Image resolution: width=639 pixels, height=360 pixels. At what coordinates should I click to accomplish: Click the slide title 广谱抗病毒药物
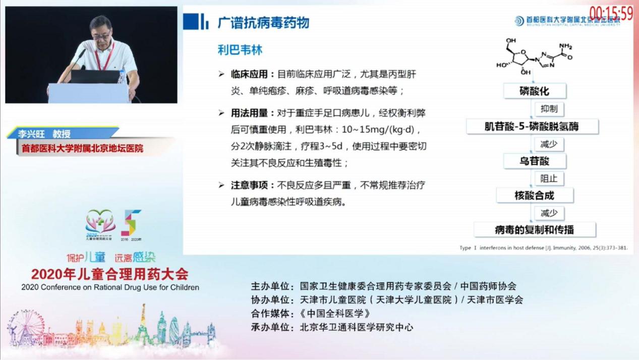click(263, 23)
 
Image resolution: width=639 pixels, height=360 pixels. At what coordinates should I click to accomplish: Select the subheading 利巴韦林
click(240, 50)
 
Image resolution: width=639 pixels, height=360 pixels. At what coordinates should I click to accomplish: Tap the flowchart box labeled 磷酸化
click(534, 91)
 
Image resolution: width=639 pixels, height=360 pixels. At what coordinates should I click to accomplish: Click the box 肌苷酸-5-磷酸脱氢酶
click(532, 126)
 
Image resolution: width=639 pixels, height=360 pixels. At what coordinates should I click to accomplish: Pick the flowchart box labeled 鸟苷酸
click(534, 161)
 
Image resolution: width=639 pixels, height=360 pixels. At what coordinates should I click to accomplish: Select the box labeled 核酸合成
click(534, 195)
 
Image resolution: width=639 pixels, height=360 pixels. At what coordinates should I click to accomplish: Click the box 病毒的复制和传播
click(534, 229)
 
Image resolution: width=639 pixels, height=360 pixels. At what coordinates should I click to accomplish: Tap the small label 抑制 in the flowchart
click(549, 109)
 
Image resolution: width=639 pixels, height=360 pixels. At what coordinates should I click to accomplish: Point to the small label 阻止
click(549, 178)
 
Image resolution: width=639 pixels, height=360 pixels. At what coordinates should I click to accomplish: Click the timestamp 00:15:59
click(611, 13)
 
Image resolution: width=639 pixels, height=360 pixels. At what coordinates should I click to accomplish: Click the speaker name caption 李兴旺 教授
click(44, 134)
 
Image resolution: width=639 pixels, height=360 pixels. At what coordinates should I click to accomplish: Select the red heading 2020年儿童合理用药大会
click(109, 274)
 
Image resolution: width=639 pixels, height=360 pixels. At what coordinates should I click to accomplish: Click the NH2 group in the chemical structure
click(565, 46)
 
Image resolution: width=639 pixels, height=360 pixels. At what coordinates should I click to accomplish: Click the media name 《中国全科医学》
click(335, 313)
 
